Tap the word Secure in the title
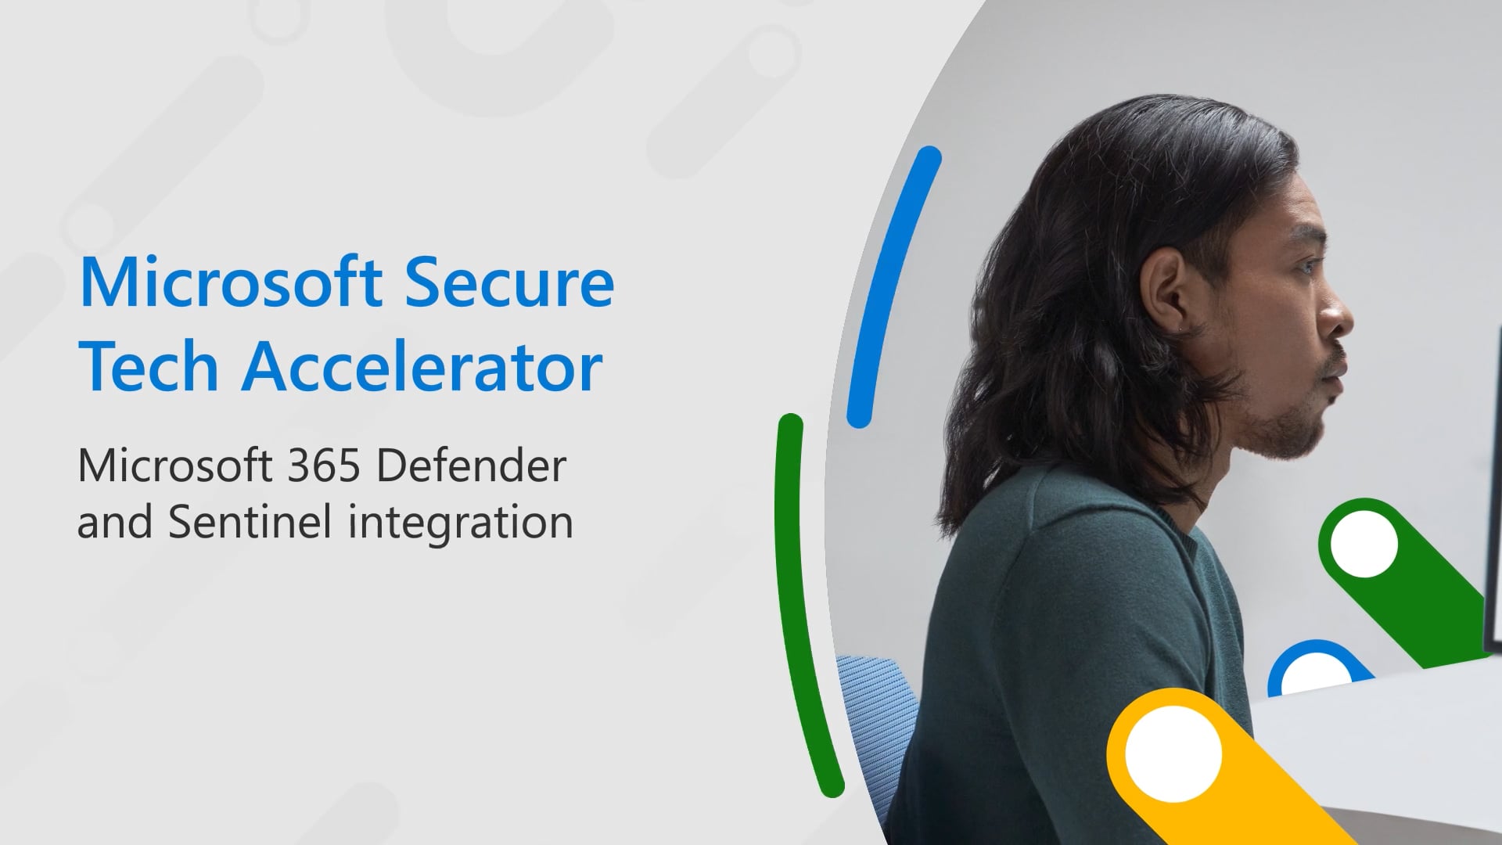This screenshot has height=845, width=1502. pyautogui.click(x=509, y=282)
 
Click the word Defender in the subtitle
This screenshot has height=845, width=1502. pyautogui.click(x=471, y=467)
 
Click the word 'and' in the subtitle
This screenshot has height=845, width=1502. pyautogui.click(x=114, y=523)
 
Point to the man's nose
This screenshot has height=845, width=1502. pyautogui.click(x=1339, y=317)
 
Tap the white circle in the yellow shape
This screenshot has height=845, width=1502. pyautogui.click(x=1173, y=753)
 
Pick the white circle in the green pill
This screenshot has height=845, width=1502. pyautogui.click(x=1364, y=544)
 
